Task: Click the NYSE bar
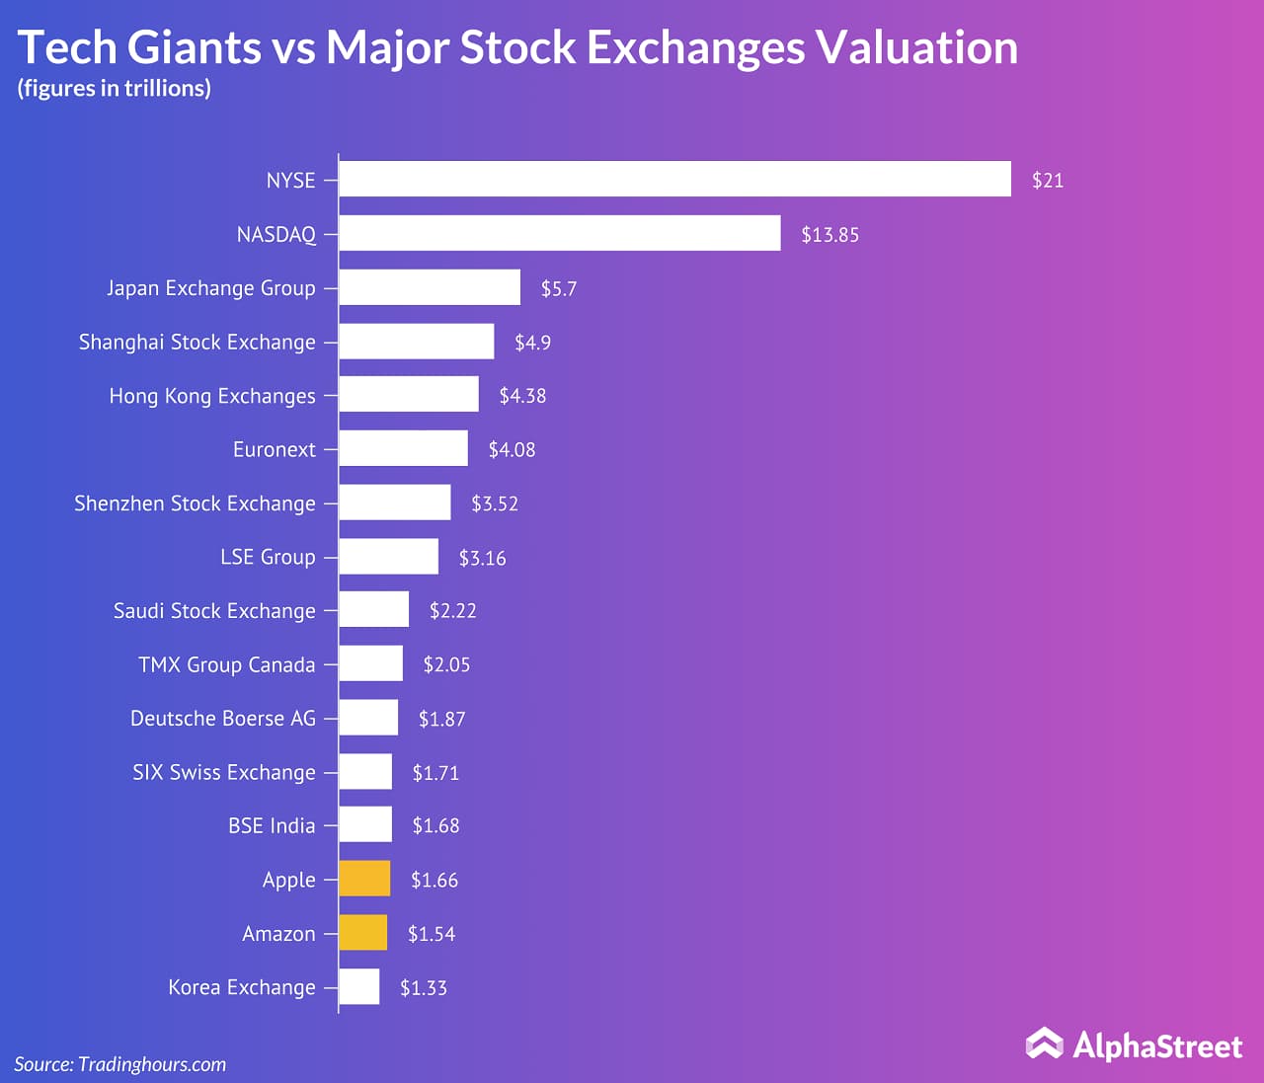[x=674, y=180]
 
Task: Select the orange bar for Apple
[x=364, y=879]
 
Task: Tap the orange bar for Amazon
[x=362, y=933]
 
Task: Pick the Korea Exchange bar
[x=359, y=986]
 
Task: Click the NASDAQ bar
[x=559, y=234]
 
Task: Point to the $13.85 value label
[x=829, y=235]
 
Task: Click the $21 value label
[x=1047, y=181]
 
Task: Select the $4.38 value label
[x=522, y=396]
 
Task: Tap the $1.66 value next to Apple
[x=434, y=880]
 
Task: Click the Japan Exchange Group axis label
[x=211, y=288]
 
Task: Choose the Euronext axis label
[x=275, y=449]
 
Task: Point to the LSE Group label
[x=268, y=557]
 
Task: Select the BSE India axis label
[x=272, y=825]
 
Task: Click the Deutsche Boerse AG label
[x=223, y=718]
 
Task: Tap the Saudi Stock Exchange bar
[x=373, y=609]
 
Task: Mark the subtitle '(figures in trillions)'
[x=114, y=89]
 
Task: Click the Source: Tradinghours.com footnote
[x=120, y=1064]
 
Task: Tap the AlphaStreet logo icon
[x=1044, y=1044]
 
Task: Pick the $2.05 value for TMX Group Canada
[x=446, y=664]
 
